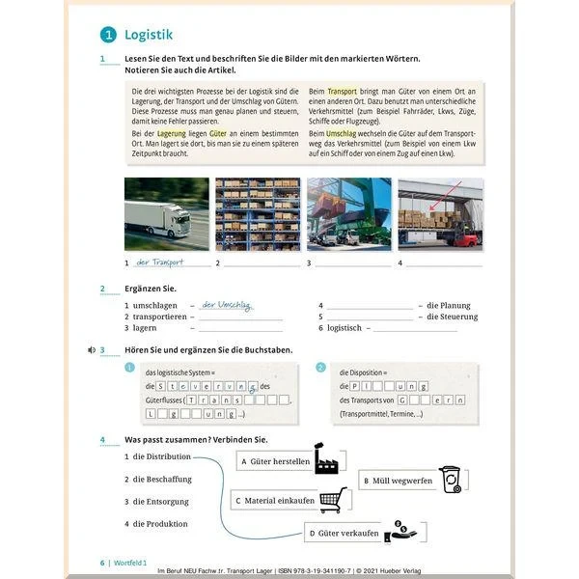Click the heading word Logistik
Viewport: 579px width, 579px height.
[x=149, y=36]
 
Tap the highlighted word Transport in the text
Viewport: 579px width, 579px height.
[x=343, y=91]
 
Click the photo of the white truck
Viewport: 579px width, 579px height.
[x=166, y=214]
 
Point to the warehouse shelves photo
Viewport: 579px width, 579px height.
[x=258, y=214]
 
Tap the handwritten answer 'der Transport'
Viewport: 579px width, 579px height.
[x=160, y=262]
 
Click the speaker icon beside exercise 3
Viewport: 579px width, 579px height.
[x=90, y=349]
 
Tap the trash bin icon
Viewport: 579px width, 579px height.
[x=450, y=479]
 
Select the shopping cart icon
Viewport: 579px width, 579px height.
[x=332, y=499]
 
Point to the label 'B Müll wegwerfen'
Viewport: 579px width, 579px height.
[x=398, y=481]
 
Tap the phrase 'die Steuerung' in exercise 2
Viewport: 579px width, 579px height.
[x=452, y=317]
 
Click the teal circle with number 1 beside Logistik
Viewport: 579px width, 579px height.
[x=108, y=36]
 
